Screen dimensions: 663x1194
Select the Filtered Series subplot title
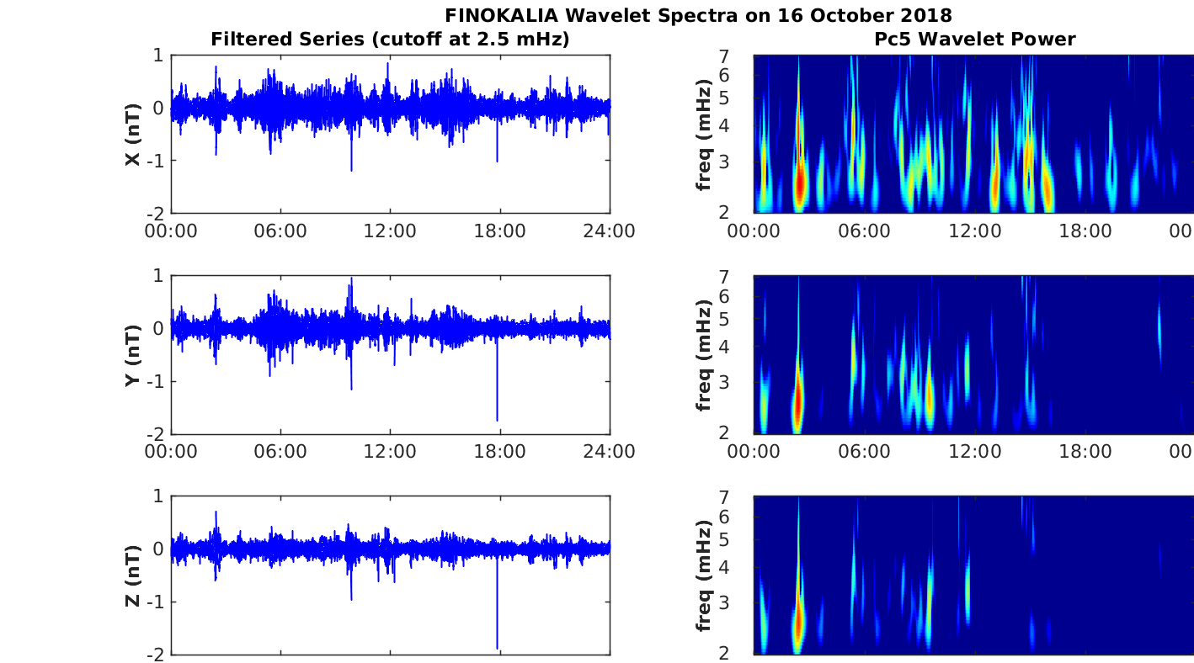pos(390,39)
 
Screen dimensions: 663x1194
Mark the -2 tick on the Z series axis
pos(155,654)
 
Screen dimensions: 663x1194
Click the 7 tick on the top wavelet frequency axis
pos(744,56)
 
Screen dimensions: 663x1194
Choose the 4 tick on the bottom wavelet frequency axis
pos(744,567)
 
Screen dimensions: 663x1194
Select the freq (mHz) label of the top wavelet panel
pos(705,134)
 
